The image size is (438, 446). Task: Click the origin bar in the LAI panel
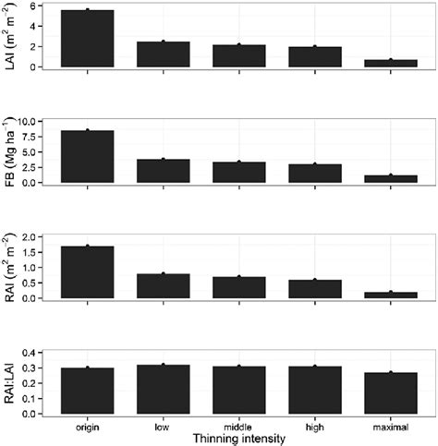click(x=86, y=39)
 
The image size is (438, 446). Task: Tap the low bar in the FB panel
click(x=162, y=171)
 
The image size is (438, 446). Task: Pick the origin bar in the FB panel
click(x=86, y=156)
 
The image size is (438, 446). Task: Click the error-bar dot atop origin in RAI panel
click(x=86, y=246)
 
